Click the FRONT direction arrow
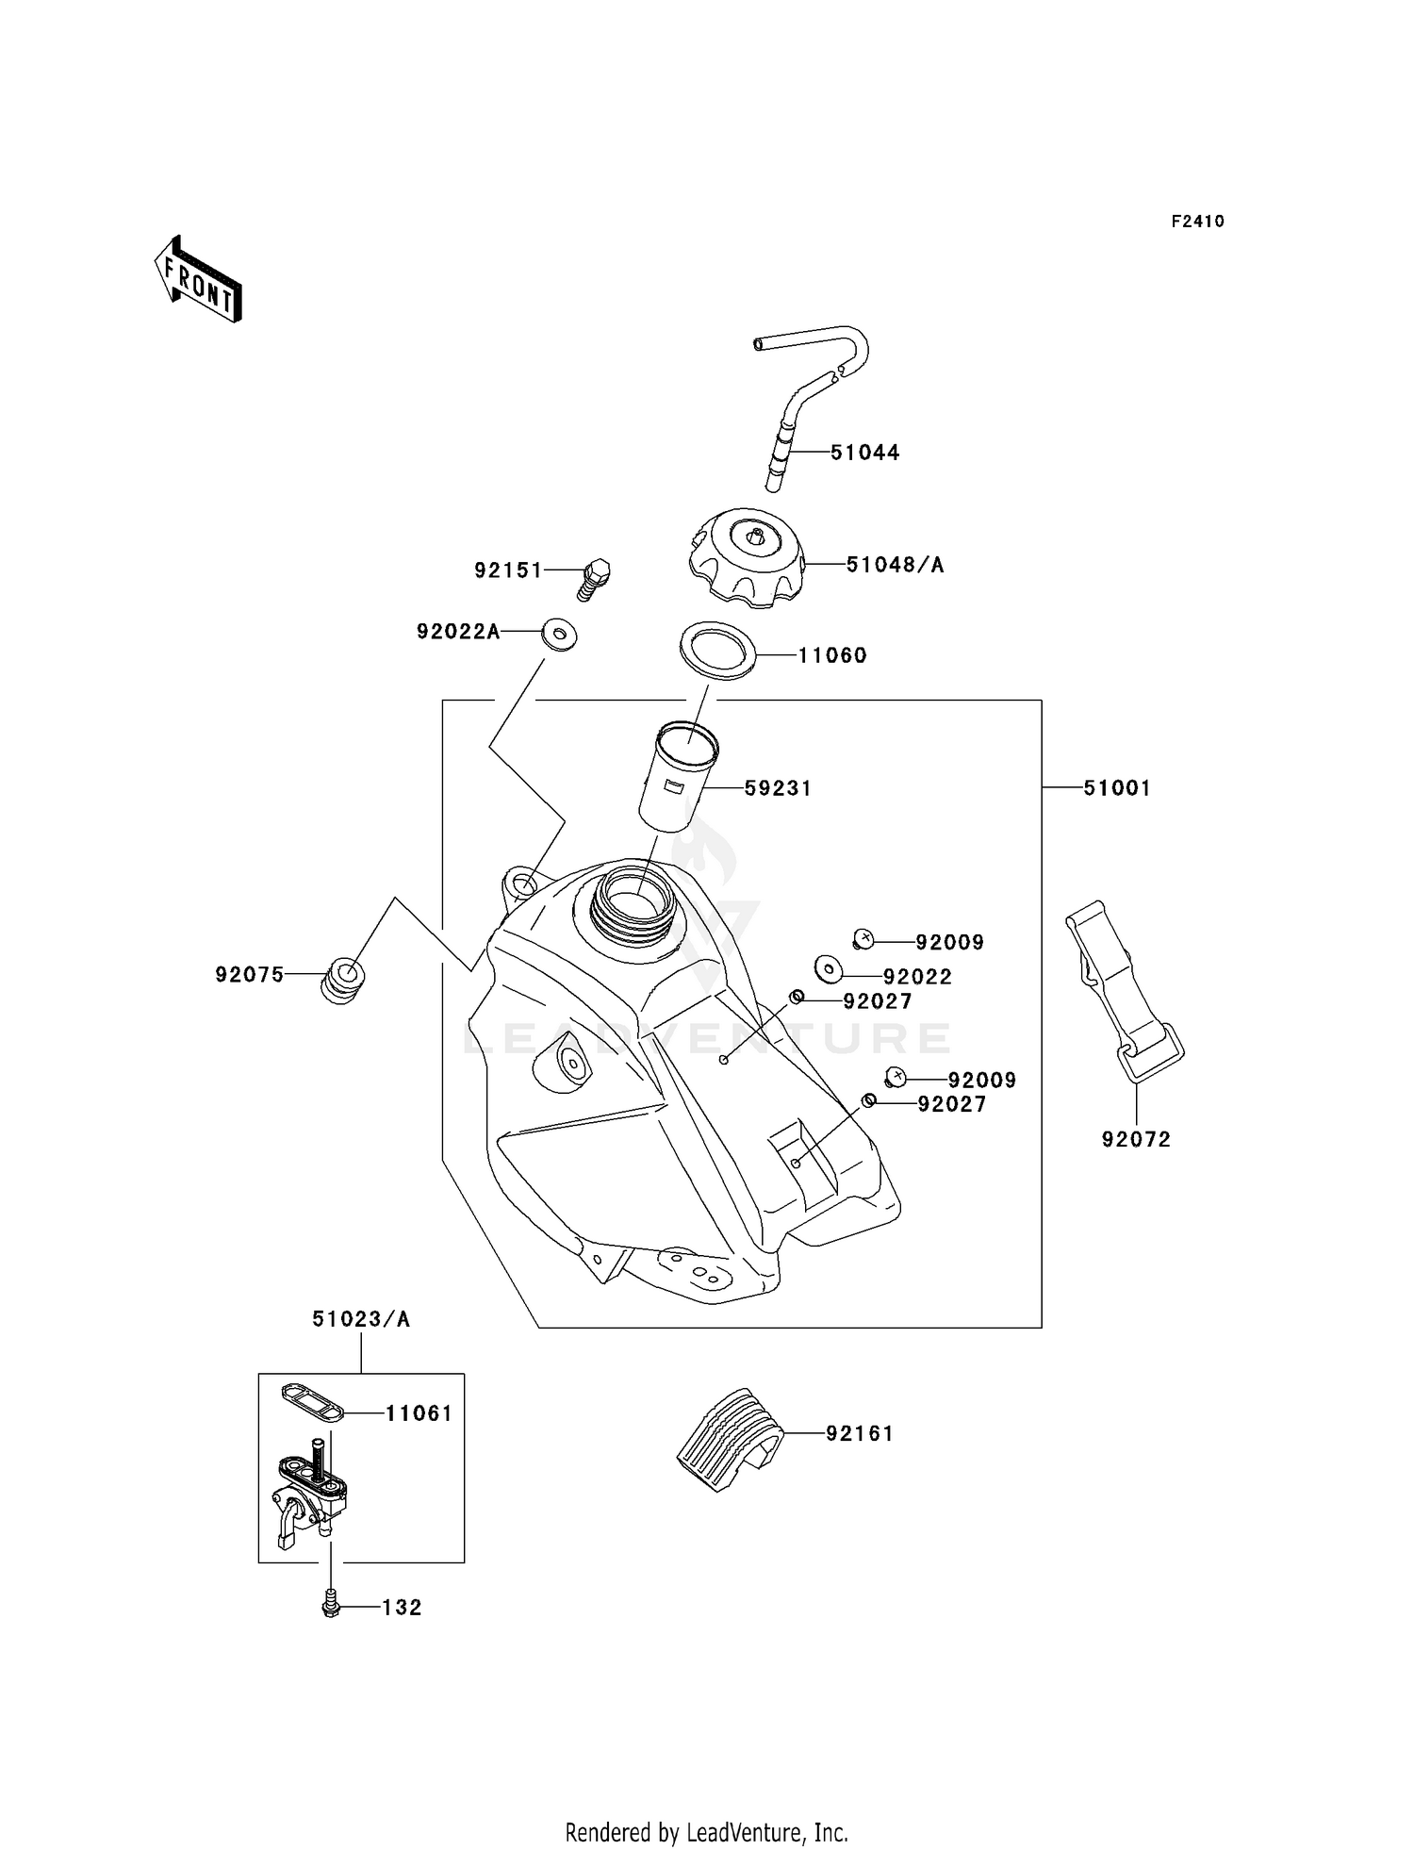pyautogui.click(x=198, y=281)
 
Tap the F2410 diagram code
pyautogui.click(x=1197, y=222)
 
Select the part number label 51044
pyautogui.click(x=864, y=453)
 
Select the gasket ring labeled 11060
pyautogui.click(x=718, y=650)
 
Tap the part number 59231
pyautogui.click(x=778, y=788)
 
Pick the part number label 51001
pyautogui.click(x=1117, y=788)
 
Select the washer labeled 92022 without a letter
pyautogui.click(x=829, y=967)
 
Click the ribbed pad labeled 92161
pyautogui.click(x=730, y=1438)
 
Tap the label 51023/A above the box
pyautogui.click(x=361, y=1319)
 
